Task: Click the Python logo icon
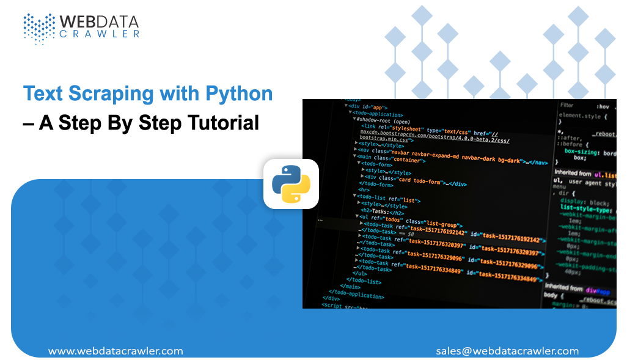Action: [291, 184]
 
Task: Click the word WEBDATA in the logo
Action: [99, 22]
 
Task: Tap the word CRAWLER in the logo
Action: [99, 35]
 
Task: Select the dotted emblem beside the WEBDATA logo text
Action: [38, 28]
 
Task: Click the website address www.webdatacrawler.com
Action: [115, 351]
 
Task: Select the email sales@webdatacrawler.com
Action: [507, 351]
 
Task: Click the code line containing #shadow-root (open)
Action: [384, 120]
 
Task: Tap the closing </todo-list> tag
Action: [369, 282]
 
